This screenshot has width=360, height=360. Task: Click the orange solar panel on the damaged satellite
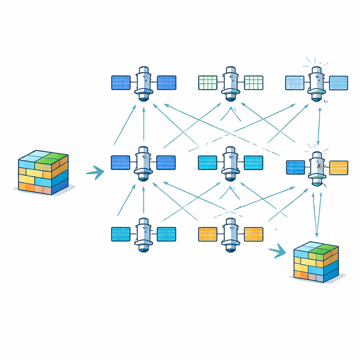pyautogui.click(x=339, y=168)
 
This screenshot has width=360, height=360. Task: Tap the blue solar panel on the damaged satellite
pyautogui.click(x=295, y=168)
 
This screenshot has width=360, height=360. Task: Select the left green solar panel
pyautogui.click(x=208, y=83)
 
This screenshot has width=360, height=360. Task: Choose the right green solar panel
pyautogui.click(x=253, y=83)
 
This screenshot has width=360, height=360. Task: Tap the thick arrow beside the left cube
pyautogui.click(x=96, y=172)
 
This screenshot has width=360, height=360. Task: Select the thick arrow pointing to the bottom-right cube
pyautogui.click(x=278, y=251)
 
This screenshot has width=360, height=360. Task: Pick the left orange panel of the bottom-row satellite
pyautogui.click(x=208, y=234)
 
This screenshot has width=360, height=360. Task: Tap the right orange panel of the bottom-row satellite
pyautogui.click(x=253, y=234)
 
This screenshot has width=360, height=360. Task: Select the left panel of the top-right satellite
pyautogui.click(x=294, y=83)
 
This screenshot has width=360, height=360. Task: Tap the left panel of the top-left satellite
pyautogui.click(x=121, y=83)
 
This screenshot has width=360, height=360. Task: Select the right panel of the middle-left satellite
pyautogui.click(x=166, y=163)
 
